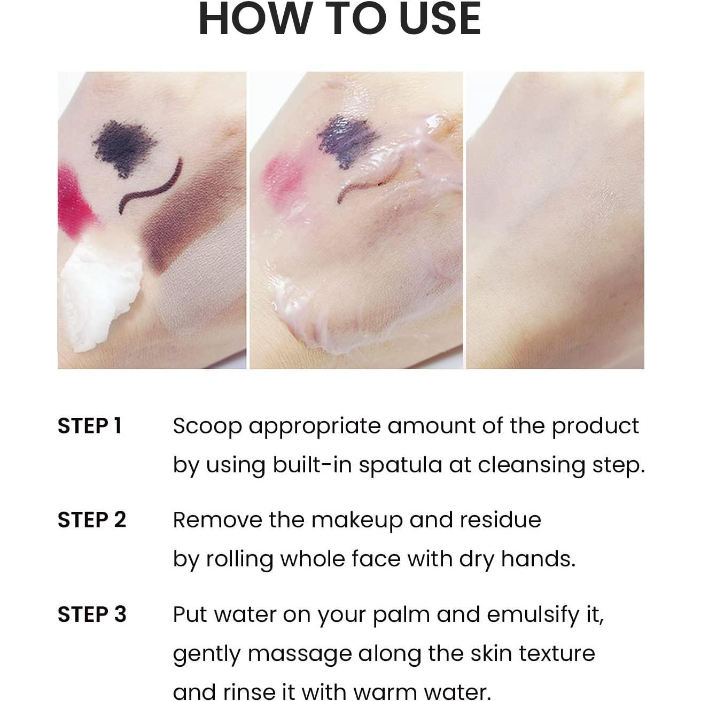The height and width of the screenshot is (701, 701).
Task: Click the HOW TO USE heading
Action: point(340,19)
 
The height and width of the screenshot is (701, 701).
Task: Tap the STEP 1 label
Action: point(90,426)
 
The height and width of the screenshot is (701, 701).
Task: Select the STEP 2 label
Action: point(91,520)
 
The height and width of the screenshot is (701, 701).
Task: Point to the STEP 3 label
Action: point(91,614)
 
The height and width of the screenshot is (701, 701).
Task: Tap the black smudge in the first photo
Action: point(124,147)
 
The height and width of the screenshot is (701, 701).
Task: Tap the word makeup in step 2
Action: point(356,520)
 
